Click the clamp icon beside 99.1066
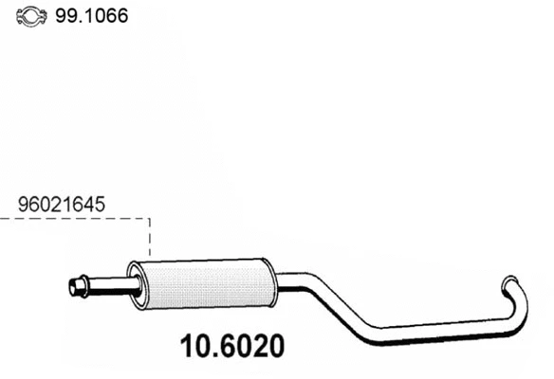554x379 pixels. click(x=33, y=17)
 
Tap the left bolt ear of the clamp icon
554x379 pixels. click(x=22, y=17)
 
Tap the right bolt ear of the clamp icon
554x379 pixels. click(x=46, y=17)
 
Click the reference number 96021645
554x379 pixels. click(x=61, y=203)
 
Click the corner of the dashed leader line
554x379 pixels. click(x=150, y=219)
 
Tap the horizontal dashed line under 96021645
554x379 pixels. click(x=76, y=219)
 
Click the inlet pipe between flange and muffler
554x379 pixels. click(x=111, y=283)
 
